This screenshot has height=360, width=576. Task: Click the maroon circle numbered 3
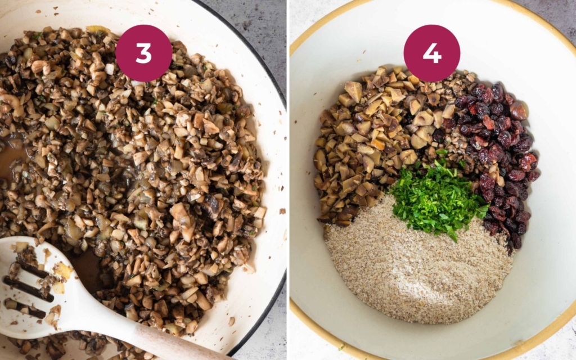click(143, 53)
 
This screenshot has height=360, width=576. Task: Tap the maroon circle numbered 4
click(431, 53)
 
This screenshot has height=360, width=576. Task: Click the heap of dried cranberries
click(499, 154)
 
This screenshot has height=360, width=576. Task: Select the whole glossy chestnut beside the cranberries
click(518, 110)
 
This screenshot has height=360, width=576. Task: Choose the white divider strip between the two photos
click(288, 180)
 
